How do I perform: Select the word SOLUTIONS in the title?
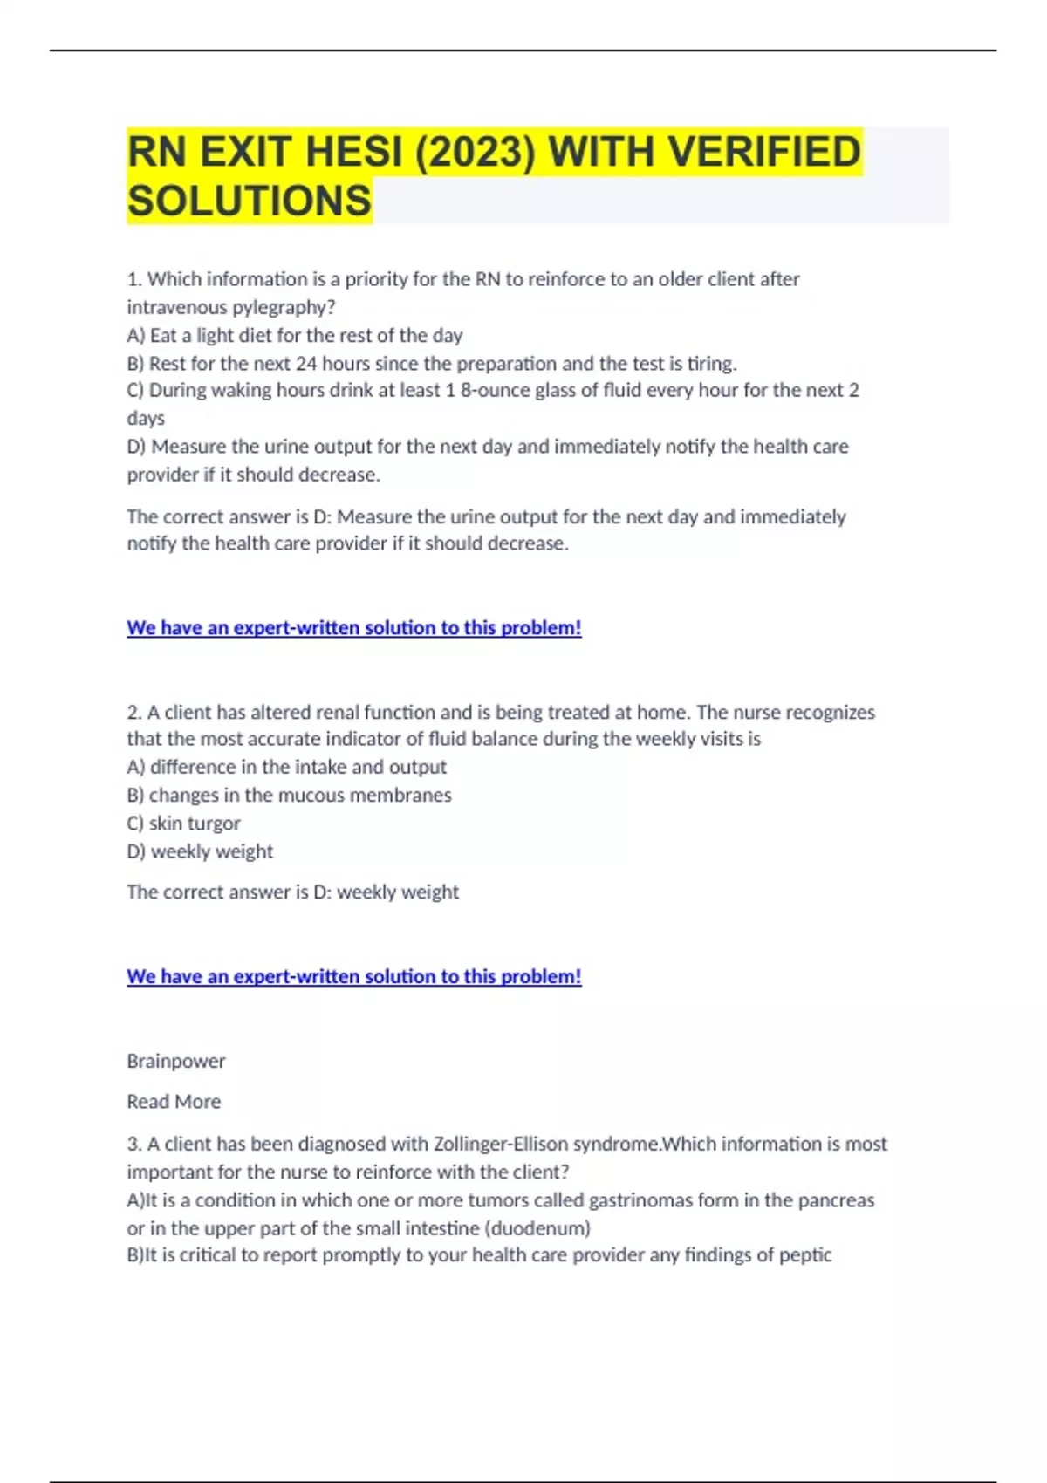(250, 201)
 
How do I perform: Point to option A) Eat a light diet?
(295, 335)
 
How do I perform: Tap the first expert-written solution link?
(353, 627)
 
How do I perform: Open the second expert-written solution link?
(353, 976)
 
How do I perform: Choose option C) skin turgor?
(183, 823)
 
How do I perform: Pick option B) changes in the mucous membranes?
(289, 795)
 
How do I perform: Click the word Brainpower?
(175, 1061)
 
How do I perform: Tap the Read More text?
(174, 1102)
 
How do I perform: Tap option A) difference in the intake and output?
(286, 767)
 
